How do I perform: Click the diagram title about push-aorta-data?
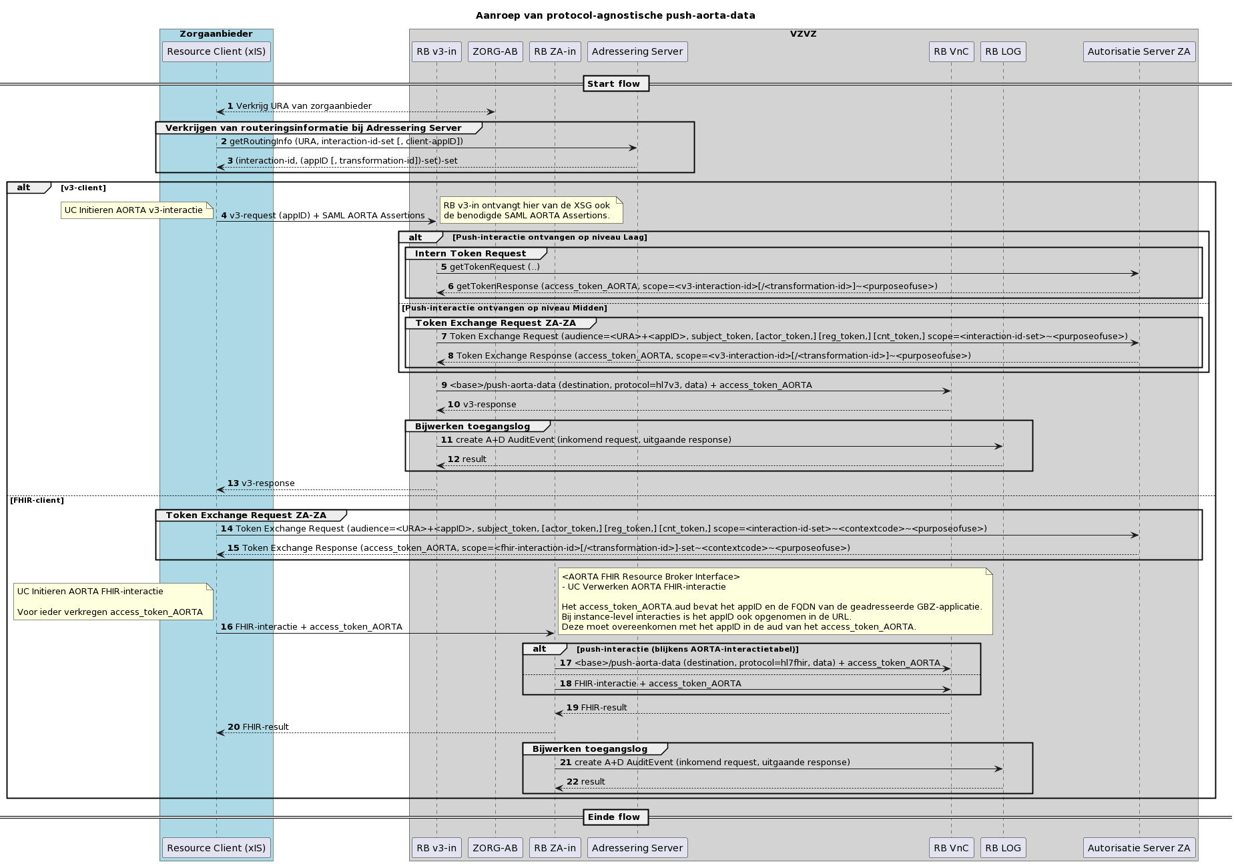tap(615, 15)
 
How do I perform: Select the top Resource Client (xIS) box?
tap(216, 51)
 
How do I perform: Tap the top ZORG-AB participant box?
tap(495, 51)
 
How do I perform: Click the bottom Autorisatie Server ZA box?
tap(1139, 847)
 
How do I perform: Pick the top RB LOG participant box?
tap(1002, 51)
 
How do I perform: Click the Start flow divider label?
tap(615, 84)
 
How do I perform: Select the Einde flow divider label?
tap(615, 817)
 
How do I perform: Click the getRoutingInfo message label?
tap(346, 142)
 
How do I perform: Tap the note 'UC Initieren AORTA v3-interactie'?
tap(134, 210)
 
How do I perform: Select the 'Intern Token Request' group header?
tap(471, 254)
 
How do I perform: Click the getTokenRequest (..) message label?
tap(494, 267)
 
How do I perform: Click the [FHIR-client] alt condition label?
tap(37, 500)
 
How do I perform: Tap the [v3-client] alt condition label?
tap(83, 188)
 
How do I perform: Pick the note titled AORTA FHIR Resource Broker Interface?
tap(774, 601)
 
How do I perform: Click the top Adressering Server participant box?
tap(637, 51)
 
